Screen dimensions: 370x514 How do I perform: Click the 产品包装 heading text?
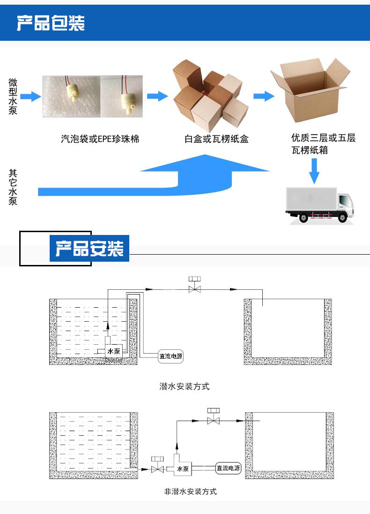[51, 23]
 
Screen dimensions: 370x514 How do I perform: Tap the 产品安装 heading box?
[89, 249]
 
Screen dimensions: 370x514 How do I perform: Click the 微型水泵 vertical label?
[13, 97]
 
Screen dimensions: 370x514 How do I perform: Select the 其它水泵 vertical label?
[13, 187]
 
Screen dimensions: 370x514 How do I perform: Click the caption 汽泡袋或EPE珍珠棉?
[100, 139]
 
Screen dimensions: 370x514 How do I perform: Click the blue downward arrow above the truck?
[314, 171]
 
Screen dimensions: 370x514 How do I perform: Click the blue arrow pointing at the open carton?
[264, 96]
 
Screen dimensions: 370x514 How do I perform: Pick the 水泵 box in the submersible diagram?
[114, 351]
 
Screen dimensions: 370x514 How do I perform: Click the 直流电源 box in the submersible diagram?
[170, 356]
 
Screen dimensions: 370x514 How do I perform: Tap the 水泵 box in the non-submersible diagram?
[182, 469]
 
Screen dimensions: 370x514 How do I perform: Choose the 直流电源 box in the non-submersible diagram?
[228, 468]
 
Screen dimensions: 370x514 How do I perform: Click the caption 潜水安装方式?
[185, 387]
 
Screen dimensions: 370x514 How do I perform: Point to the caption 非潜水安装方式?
[190, 491]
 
